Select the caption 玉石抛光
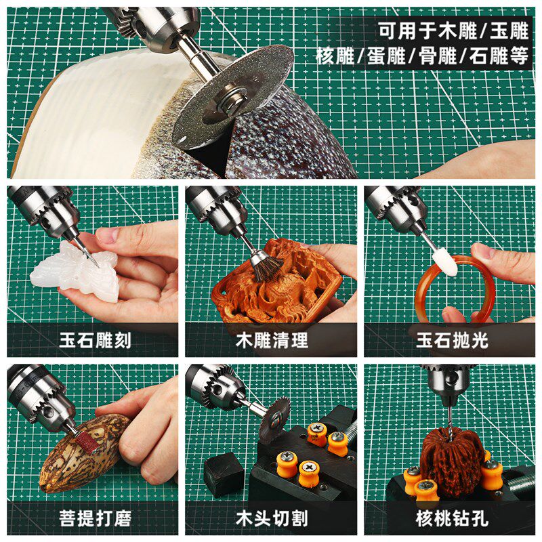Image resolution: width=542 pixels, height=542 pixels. click(451, 339)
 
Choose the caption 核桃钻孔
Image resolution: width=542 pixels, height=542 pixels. click(451, 519)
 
